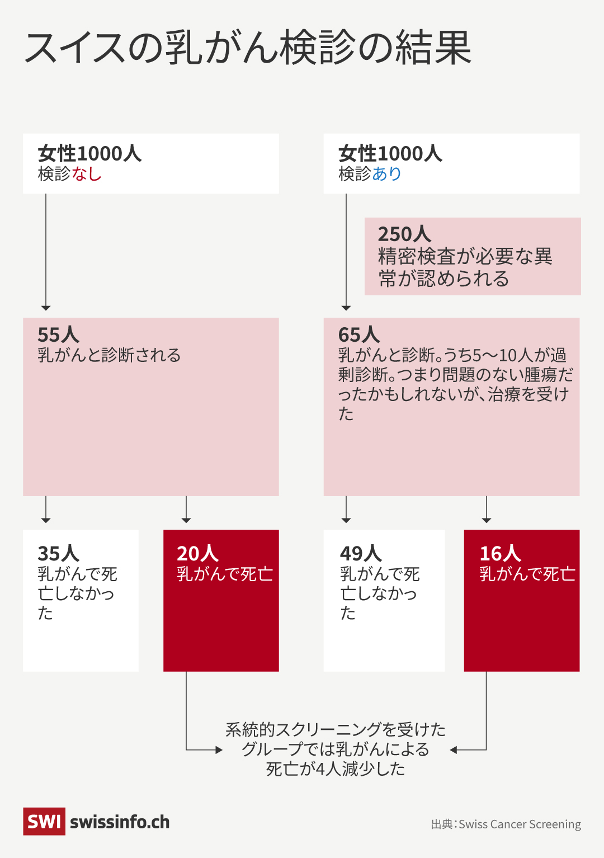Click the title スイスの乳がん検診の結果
click(x=248, y=48)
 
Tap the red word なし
click(x=87, y=174)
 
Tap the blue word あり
click(x=387, y=174)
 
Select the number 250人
click(x=404, y=234)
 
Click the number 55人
click(x=58, y=334)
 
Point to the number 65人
click(x=359, y=334)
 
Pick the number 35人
click(x=58, y=553)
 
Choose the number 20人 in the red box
click(x=197, y=553)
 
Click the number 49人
click(x=361, y=553)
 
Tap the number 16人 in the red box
click(x=500, y=553)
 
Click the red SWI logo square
click(x=44, y=821)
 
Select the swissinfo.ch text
click(x=120, y=822)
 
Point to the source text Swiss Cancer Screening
click(x=520, y=824)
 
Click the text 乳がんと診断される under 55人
click(x=109, y=355)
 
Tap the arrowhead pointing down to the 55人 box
click(x=46, y=308)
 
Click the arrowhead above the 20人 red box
click(x=186, y=520)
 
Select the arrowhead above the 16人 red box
click(x=487, y=520)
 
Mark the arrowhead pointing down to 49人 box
click(x=346, y=520)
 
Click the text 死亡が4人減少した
click(x=336, y=769)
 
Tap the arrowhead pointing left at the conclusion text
click(x=454, y=749)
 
